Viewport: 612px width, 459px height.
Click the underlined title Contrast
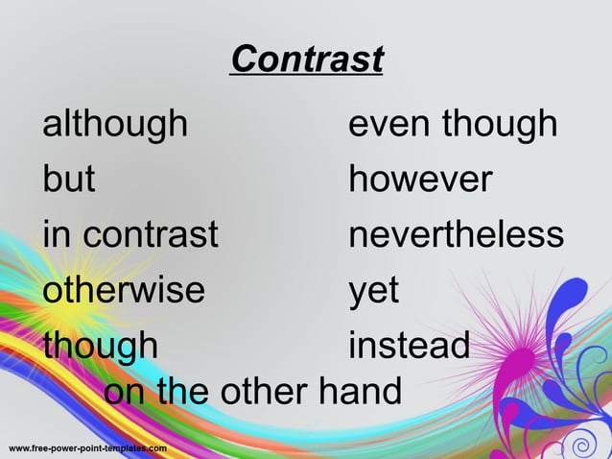[307, 60]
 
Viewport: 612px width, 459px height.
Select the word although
[115, 124]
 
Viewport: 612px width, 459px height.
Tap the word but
[69, 179]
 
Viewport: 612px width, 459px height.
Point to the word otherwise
[124, 289]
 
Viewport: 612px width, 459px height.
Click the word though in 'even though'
[500, 124]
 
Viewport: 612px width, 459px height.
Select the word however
[421, 179]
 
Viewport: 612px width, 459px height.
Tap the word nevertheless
[456, 234]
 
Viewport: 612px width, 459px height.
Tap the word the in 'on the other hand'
[185, 392]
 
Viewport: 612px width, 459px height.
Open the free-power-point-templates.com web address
[87, 448]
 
